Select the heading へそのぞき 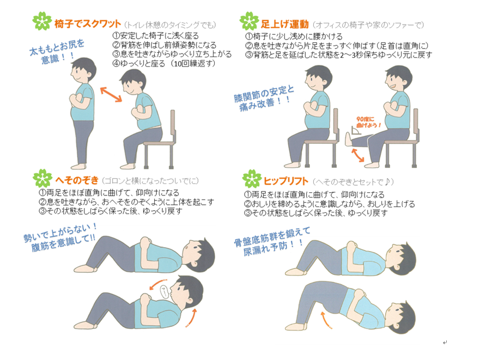(x=79, y=179)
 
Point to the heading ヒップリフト (x=285, y=180)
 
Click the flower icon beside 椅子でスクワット (x=42, y=22)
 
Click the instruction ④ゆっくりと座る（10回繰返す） (x=163, y=63)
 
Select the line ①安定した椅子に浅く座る (x=155, y=36)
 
